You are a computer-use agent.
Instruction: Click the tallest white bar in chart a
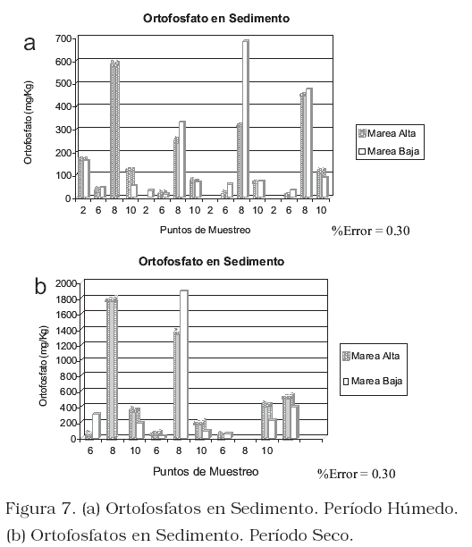[246, 119]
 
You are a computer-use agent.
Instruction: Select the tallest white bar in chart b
[184, 364]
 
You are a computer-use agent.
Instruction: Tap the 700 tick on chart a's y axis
[63, 38]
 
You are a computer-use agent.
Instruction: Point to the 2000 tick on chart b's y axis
[66, 283]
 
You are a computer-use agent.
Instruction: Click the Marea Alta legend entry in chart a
[387, 133]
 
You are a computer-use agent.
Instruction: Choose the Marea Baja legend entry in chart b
[373, 381]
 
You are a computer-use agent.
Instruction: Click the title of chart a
[216, 18]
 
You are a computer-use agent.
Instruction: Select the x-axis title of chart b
[206, 472]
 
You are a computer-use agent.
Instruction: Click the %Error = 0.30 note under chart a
[370, 231]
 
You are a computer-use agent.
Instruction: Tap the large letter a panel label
[29, 44]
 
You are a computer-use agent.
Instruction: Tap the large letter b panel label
[40, 286]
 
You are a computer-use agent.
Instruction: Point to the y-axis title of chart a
[29, 122]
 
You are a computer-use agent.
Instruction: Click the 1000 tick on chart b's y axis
[66, 360]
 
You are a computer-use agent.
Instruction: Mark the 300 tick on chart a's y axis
[63, 130]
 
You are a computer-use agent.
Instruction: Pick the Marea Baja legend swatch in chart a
[362, 151]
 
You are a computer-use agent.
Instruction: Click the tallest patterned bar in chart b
[113, 367]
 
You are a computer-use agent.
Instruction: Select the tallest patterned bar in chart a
[115, 130]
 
